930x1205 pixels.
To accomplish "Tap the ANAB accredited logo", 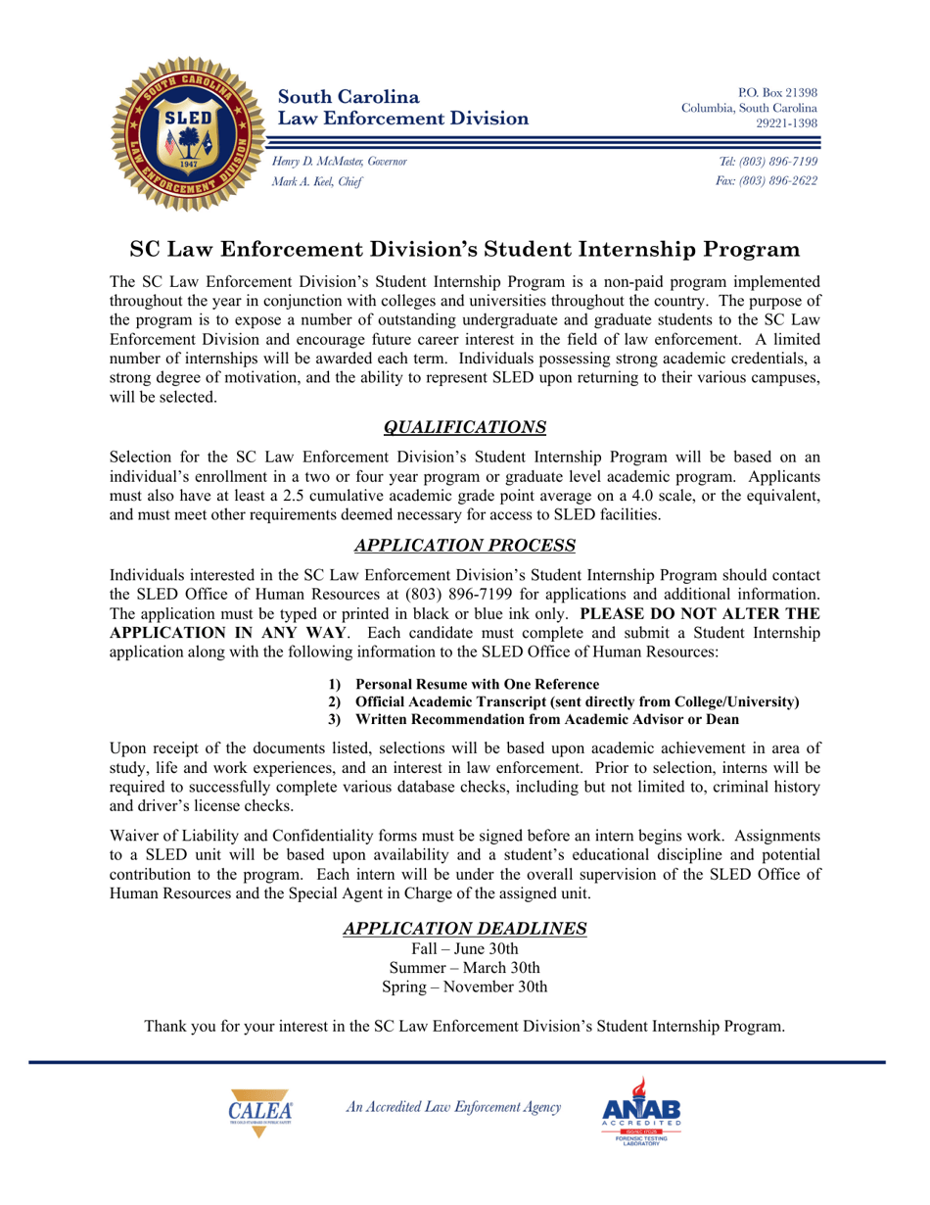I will [x=641, y=1116].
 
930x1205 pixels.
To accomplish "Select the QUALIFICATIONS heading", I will [x=464, y=427].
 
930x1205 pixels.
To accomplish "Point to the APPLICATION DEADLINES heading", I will [x=464, y=927].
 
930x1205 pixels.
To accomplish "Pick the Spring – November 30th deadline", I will [x=464, y=987].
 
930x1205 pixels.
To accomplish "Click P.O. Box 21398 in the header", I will [x=777, y=91].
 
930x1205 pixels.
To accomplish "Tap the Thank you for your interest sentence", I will [x=464, y=1027].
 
